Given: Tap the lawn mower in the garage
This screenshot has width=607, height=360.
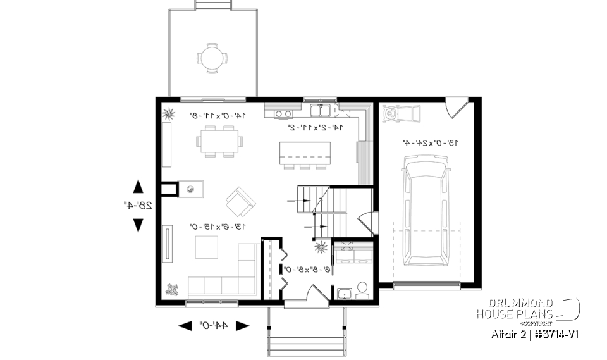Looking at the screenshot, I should point(402,115).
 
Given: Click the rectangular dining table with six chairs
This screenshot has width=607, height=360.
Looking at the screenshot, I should point(218,140).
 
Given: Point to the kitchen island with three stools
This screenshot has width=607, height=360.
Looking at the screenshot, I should point(305,154).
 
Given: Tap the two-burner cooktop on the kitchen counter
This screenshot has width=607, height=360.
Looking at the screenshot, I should point(283,114).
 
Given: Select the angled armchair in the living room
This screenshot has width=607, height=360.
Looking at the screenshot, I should point(240,201).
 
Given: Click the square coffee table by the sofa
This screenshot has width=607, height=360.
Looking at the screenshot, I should point(206,247).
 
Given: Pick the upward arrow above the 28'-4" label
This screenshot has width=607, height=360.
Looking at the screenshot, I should point(137,186).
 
